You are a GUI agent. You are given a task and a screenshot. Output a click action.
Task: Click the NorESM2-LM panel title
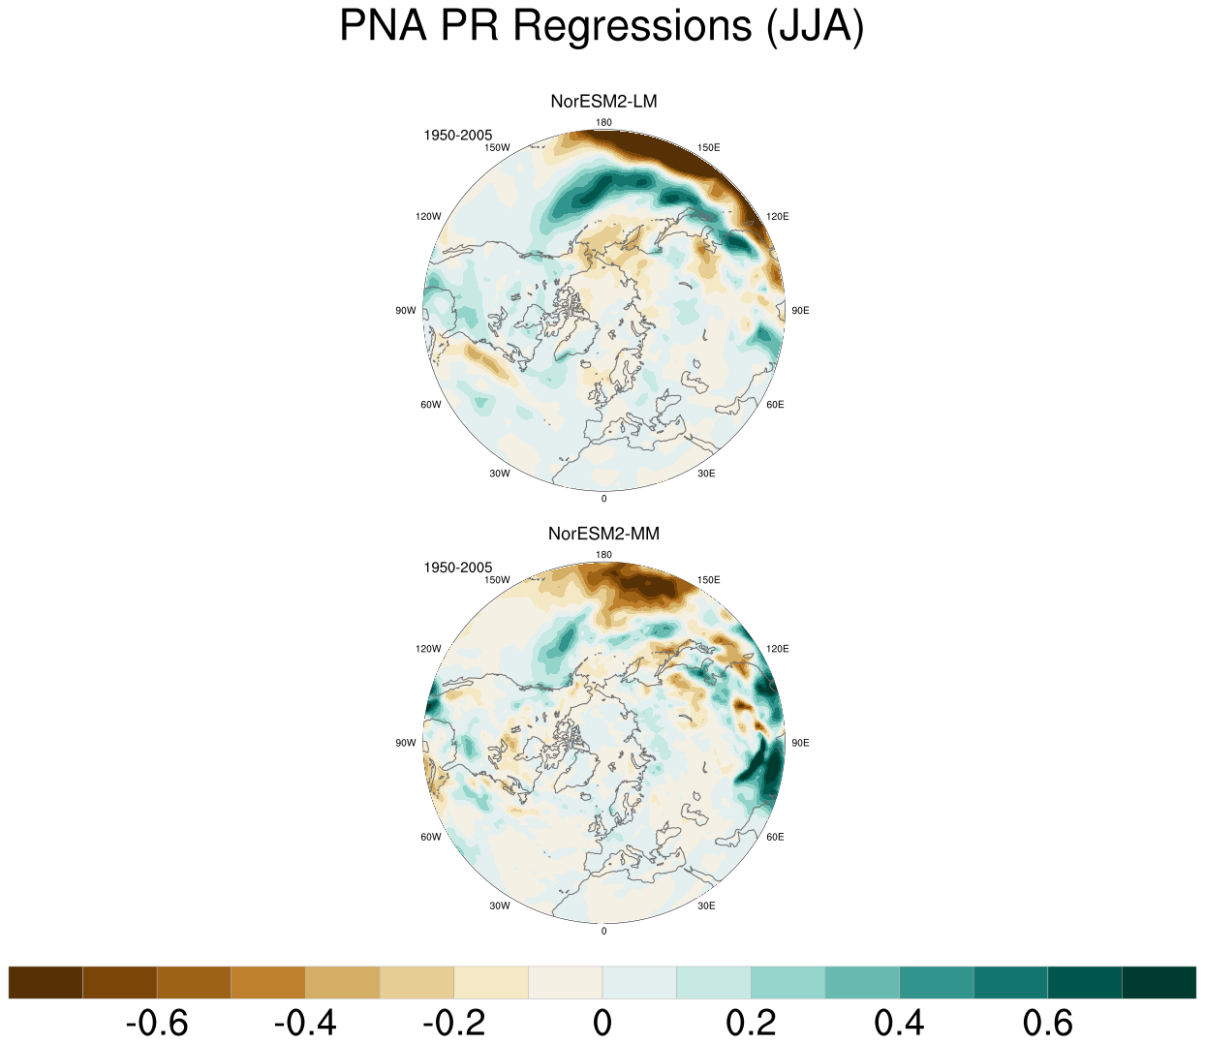tap(603, 102)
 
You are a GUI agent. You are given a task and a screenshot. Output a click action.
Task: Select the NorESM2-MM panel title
tap(603, 534)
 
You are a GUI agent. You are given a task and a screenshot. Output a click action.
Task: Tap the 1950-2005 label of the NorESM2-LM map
tap(457, 136)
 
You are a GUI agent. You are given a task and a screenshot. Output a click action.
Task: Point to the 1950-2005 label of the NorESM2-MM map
tap(457, 568)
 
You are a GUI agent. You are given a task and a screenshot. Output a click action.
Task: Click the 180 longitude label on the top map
tap(603, 122)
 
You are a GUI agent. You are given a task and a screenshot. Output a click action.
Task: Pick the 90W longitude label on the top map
tap(406, 311)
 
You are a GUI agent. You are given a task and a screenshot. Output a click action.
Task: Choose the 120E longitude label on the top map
tap(777, 216)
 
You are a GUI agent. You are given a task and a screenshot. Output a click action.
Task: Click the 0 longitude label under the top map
tap(603, 499)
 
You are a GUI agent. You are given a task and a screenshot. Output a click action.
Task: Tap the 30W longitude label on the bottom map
tap(500, 906)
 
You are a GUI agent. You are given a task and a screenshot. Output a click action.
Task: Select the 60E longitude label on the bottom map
tap(775, 837)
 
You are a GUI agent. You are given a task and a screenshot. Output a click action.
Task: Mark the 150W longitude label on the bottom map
tap(497, 579)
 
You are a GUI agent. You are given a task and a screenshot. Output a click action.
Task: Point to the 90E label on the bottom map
tap(800, 743)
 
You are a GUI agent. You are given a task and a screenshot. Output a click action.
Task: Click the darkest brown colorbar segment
tap(46, 982)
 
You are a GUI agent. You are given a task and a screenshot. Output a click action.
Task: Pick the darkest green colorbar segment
tap(1159, 982)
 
